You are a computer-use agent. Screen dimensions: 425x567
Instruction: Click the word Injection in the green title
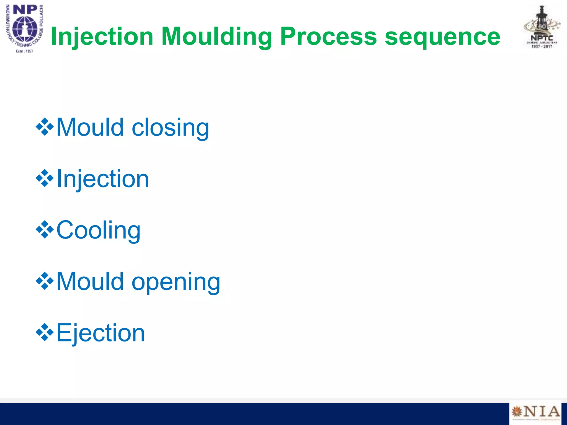[102, 37]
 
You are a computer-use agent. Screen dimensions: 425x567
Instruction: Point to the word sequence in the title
[442, 37]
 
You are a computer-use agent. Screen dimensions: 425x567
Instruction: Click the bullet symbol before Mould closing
[45, 127]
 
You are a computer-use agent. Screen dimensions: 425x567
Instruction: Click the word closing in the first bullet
[170, 128]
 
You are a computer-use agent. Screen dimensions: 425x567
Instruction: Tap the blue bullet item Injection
[103, 179]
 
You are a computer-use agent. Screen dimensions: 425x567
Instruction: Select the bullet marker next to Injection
[45, 178]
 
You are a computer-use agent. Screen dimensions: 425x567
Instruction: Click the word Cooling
[99, 230]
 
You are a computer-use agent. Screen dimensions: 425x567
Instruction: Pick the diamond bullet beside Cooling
[45, 230]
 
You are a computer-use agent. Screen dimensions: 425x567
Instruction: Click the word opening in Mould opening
[176, 282]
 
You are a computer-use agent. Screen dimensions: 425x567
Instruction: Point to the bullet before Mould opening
[45, 281]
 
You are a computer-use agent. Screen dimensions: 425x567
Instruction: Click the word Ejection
[100, 333]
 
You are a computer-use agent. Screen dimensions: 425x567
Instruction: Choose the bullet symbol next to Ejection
[45, 332]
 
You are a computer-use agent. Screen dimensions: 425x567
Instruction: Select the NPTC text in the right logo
[542, 38]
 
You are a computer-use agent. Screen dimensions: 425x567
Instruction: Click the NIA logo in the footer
[535, 412]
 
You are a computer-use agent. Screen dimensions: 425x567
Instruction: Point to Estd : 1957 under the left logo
[25, 51]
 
